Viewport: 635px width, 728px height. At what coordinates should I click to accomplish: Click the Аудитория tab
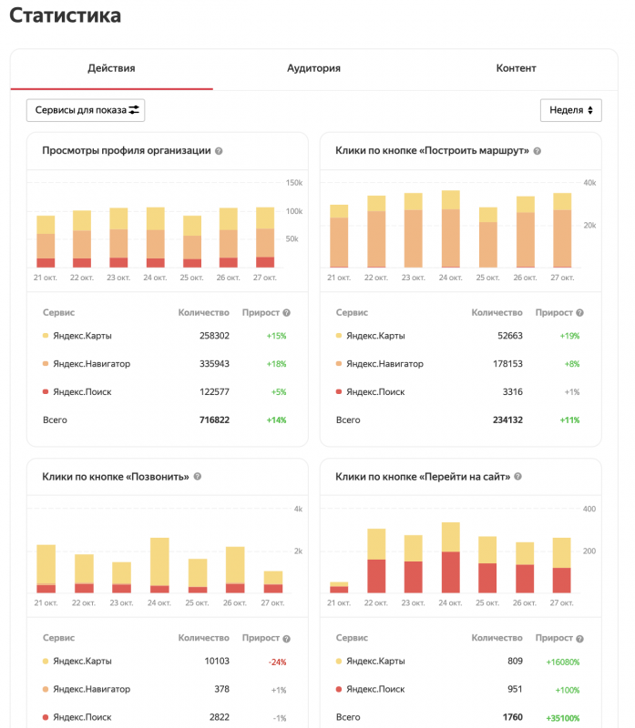point(313,68)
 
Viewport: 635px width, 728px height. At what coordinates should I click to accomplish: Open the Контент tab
point(516,68)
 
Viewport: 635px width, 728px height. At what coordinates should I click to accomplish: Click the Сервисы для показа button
point(86,110)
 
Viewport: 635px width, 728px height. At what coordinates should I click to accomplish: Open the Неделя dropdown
point(571,110)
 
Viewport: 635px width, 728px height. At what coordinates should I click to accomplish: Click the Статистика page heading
point(65,15)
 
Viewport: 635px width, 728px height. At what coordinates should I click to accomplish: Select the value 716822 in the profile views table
point(214,420)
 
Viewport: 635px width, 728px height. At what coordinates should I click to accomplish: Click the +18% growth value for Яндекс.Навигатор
point(276,364)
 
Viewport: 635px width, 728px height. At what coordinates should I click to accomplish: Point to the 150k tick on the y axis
point(293,183)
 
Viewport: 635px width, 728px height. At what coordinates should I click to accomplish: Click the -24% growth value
point(276,662)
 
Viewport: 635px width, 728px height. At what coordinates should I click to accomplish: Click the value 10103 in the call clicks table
point(215,662)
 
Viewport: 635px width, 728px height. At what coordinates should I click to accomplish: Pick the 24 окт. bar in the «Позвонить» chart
point(159,565)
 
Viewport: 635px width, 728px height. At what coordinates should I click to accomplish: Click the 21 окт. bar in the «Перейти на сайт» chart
point(340,587)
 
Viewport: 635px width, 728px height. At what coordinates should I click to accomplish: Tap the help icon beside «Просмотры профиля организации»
point(219,151)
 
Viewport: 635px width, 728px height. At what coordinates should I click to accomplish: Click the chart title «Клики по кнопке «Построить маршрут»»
point(432,150)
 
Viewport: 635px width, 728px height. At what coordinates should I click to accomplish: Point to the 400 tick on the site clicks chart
point(589,509)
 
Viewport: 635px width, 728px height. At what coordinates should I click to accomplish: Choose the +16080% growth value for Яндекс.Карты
point(562,662)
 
